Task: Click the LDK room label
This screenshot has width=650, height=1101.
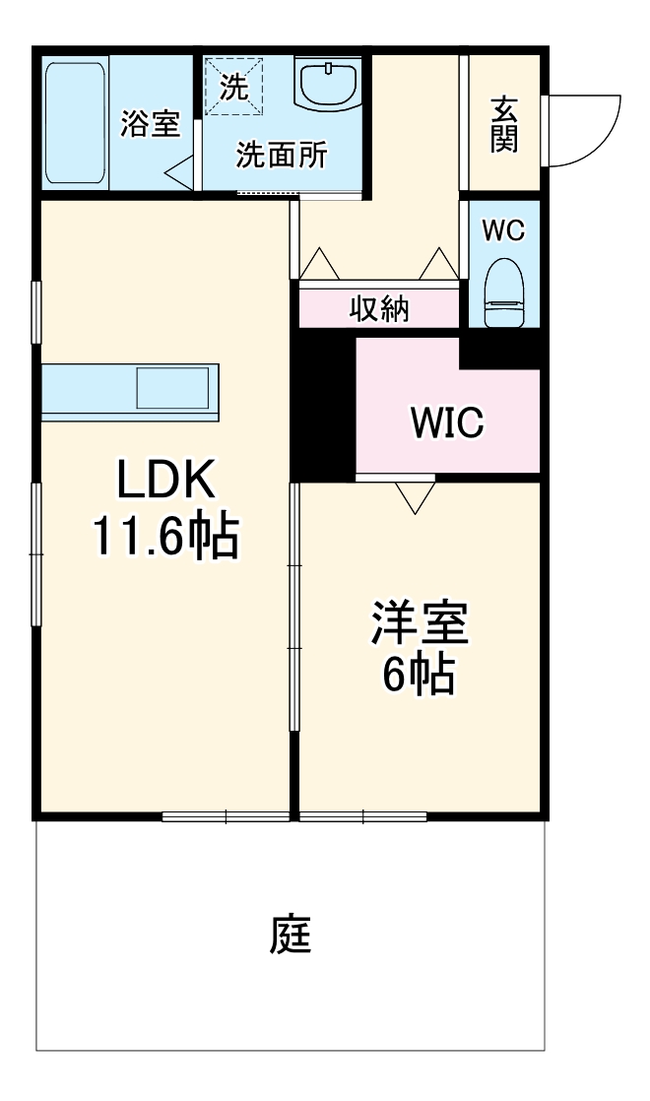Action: [164, 482]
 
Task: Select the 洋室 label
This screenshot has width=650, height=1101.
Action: [419, 623]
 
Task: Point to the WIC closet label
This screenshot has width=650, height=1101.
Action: [447, 422]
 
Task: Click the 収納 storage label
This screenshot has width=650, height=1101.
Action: [379, 309]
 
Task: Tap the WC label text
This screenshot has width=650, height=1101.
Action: [502, 230]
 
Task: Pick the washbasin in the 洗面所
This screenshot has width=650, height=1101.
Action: [330, 85]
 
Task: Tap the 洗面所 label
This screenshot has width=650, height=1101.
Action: [282, 156]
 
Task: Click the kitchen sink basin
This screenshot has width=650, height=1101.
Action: [172, 387]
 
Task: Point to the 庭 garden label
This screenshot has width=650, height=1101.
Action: [291, 936]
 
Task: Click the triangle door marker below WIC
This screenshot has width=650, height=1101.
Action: [415, 497]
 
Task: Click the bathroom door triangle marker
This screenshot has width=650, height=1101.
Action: [179, 175]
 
